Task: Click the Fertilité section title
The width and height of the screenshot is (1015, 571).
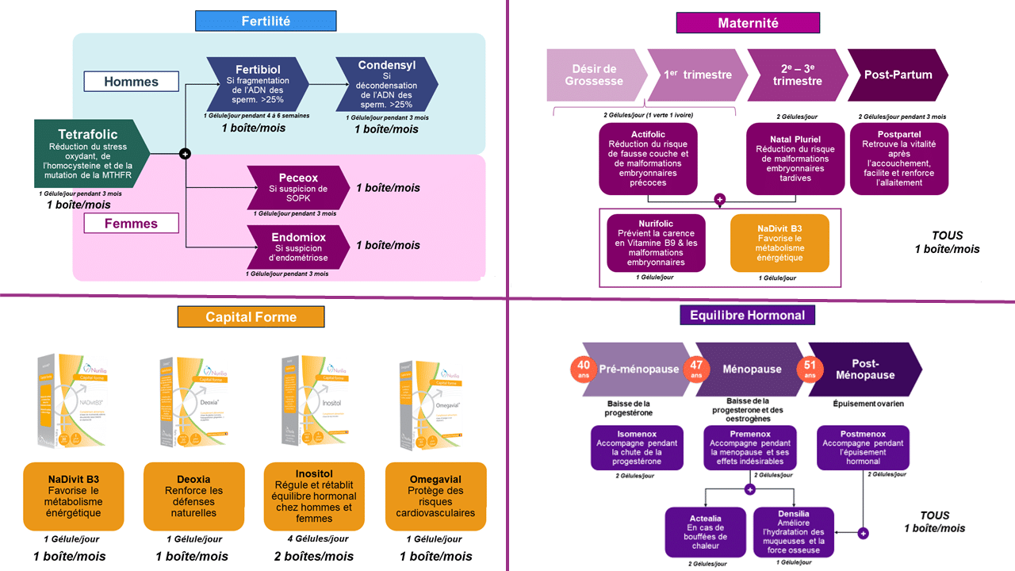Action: (266, 21)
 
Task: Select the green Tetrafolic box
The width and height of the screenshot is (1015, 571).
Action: (92, 154)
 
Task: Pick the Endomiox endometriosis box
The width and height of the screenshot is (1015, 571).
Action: (298, 246)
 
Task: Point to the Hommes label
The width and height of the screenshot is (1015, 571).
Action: (131, 82)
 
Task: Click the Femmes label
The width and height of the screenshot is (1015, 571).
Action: (131, 224)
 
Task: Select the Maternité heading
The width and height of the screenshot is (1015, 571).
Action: (747, 23)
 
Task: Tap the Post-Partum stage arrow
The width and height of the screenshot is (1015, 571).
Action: (897, 75)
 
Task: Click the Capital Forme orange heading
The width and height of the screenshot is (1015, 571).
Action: (251, 317)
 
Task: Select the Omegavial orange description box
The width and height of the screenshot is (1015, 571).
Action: (435, 496)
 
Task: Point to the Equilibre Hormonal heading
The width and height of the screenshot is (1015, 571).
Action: (747, 316)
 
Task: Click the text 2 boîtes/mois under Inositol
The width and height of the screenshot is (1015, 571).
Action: (315, 556)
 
